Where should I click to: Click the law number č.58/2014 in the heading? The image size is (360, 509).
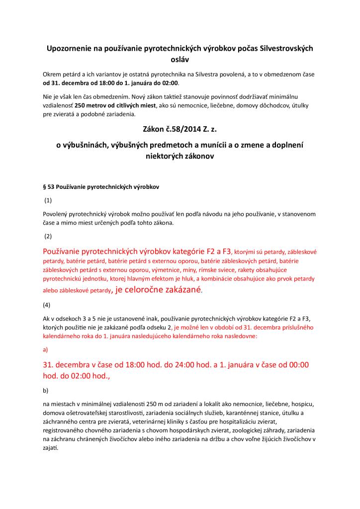(178, 131)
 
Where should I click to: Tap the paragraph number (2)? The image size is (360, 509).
(48, 236)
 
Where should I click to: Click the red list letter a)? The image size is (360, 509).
(46, 349)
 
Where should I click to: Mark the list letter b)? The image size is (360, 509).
(46, 390)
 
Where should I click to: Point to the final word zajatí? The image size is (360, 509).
(51, 449)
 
